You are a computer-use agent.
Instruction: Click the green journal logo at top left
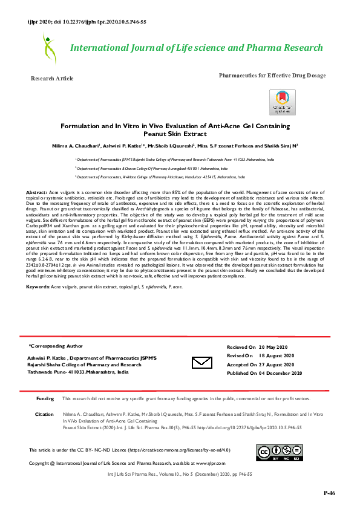pos(48,48)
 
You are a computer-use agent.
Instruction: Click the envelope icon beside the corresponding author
pos(200,362)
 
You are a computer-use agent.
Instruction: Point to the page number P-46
pos(329,493)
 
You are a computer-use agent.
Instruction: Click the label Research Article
pos(52,79)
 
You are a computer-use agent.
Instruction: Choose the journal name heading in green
pos(197,48)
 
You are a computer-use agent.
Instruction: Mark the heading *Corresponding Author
pos(55,347)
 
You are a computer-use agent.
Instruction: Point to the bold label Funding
pos(45,399)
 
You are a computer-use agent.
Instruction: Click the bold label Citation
pos(45,414)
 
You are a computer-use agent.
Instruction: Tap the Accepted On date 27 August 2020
pos(287,365)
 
